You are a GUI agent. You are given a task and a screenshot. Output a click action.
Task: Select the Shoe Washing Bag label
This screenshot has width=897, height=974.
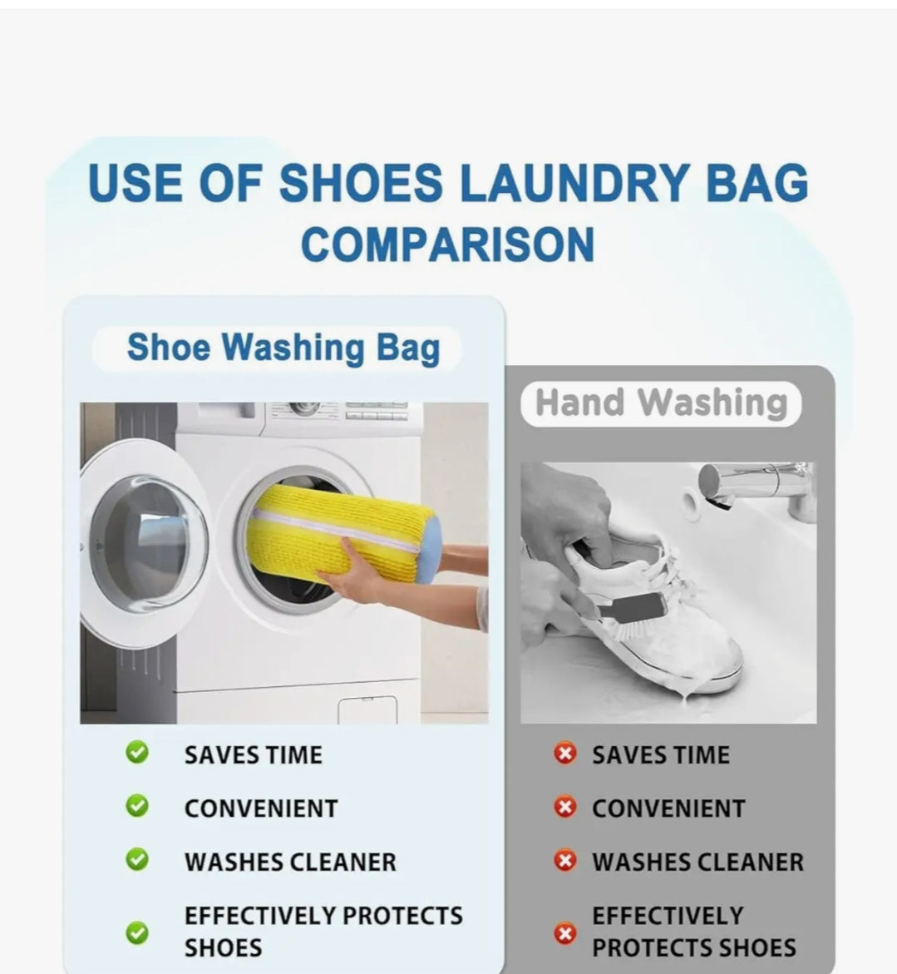tap(283, 348)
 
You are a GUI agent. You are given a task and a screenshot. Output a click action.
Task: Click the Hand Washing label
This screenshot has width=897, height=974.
tap(661, 403)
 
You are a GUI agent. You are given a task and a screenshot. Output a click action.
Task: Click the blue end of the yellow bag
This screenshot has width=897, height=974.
tap(427, 551)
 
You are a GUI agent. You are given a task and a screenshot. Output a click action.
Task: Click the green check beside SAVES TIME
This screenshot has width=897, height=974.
tap(137, 753)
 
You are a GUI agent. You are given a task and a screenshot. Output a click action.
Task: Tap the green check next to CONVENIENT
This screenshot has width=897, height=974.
tap(137, 806)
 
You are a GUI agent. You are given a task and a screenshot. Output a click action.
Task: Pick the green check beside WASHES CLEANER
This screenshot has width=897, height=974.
tap(137, 859)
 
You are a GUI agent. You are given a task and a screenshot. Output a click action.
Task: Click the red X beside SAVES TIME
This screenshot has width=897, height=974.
tap(565, 754)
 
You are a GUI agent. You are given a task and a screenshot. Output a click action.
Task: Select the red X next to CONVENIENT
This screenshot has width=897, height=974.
tap(565, 807)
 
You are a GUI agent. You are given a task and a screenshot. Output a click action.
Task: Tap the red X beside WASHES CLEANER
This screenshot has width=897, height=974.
tap(565, 860)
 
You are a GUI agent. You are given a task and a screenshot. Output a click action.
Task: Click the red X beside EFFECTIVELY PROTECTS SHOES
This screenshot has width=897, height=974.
tap(565, 932)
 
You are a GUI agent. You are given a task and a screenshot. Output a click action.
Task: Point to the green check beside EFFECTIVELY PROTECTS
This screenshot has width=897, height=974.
tap(137, 932)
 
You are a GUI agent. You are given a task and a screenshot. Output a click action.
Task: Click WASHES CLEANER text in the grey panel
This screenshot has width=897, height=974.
tap(697, 862)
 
